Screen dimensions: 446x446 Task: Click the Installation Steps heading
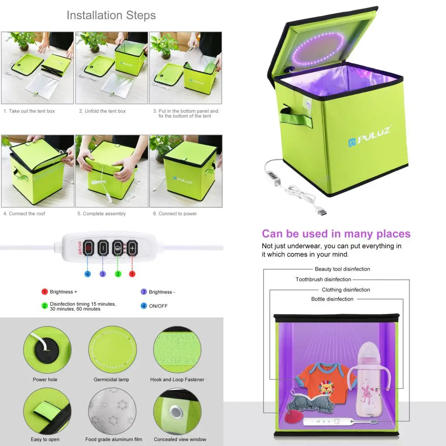click(x=111, y=16)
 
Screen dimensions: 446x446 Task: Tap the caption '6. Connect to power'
click(x=175, y=214)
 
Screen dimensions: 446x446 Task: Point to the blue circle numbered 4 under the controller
click(x=88, y=274)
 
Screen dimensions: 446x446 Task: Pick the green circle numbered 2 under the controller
click(x=118, y=274)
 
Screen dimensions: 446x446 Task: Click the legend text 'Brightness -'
click(x=162, y=292)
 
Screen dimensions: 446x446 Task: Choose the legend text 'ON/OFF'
click(x=158, y=306)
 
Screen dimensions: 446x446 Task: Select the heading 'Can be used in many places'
click(x=336, y=234)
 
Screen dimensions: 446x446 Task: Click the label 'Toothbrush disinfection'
click(x=323, y=280)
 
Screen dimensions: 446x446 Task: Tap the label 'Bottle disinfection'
click(x=332, y=299)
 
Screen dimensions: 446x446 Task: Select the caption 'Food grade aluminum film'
click(x=113, y=439)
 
